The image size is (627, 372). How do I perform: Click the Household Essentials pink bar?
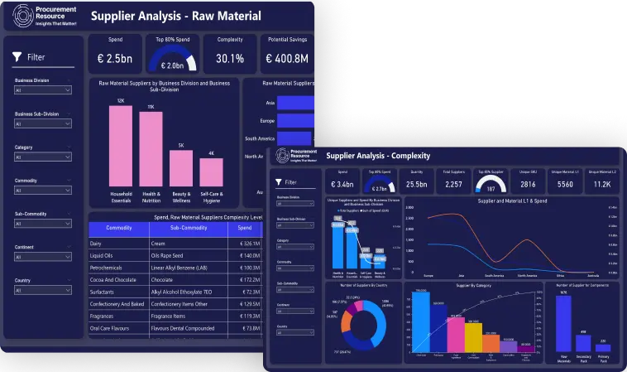pyautogui.click(x=121, y=147)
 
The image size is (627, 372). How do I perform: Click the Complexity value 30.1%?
pyautogui.click(x=229, y=59)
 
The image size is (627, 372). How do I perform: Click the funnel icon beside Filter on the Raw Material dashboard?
pyautogui.click(x=17, y=57)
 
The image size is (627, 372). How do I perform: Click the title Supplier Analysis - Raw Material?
pyautogui.click(x=175, y=16)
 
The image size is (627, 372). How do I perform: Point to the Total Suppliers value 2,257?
pyautogui.click(x=454, y=185)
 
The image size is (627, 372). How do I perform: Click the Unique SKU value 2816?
pyautogui.click(x=527, y=185)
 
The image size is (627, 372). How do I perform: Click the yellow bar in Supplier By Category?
pyautogui.click(x=473, y=336)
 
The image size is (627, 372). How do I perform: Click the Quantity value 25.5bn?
pyautogui.click(x=417, y=185)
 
